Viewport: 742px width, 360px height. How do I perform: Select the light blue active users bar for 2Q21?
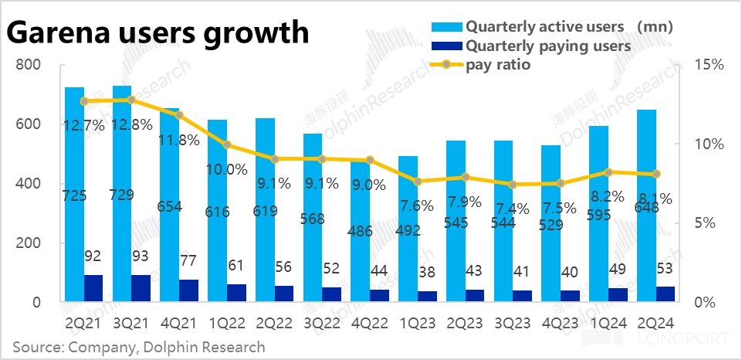74,193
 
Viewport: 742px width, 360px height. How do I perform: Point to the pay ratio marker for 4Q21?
179,114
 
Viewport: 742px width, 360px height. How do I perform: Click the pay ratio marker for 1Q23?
418,182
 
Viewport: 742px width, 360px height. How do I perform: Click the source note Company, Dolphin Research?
139,347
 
